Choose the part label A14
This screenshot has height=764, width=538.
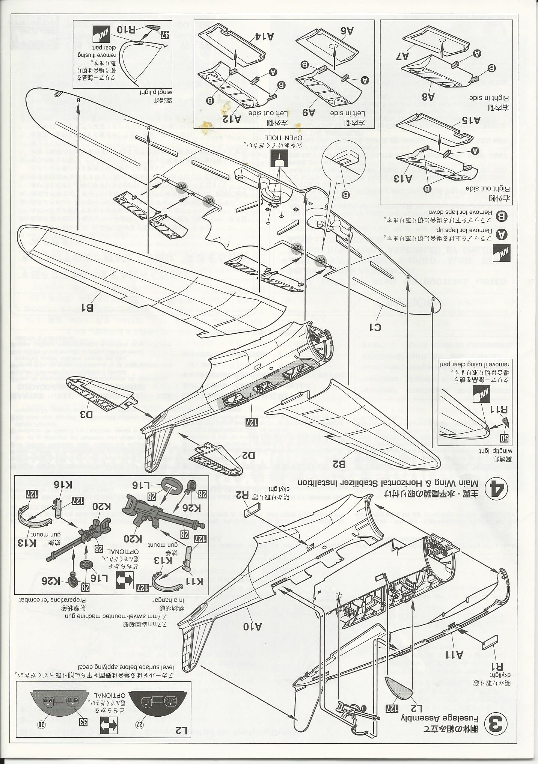263,36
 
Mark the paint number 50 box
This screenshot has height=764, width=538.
505,437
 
